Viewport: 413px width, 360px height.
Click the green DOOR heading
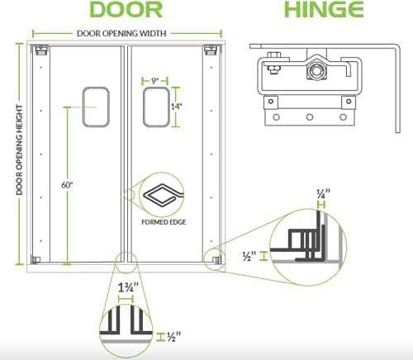click(x=126, y=10)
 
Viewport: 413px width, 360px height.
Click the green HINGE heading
click(x=324, y=10)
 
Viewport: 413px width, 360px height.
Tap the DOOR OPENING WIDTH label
click(x=121, y=34)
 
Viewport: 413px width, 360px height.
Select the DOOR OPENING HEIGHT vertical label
click(x=19, y=149)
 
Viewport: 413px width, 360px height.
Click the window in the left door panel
click(x=96, y=107)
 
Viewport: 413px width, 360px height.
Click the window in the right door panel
click(x=156, y=107)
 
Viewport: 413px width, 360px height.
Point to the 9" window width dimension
click(x=155, y=81)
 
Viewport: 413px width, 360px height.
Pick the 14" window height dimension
click(x=177, y=107)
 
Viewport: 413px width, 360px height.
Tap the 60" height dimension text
click(x=67, y=185)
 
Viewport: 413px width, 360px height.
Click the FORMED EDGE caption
click(x=164, y=222)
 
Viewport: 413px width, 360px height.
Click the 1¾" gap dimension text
click(x=128, y=287)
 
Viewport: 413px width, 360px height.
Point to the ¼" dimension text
click(x=323, y=193)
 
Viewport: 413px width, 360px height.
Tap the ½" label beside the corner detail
click(x=249, y=256)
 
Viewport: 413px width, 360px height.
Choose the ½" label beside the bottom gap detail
click(x=174, y=336)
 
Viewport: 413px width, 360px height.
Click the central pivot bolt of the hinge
click(x=316, y=71)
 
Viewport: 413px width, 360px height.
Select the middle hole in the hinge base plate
click(x=310, y=117)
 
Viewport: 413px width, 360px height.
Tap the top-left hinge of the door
click(x=40, y=50)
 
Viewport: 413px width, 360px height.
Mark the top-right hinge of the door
click(x=211, y=50)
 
